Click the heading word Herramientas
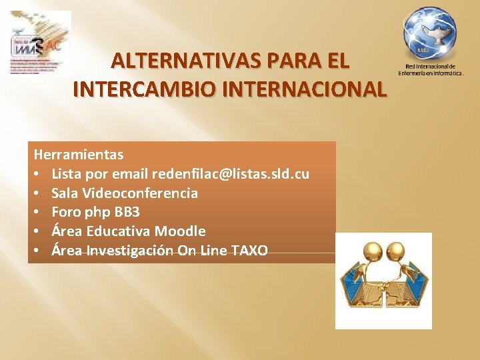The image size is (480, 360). click(79, 155)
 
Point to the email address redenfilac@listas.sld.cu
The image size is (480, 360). click(231, 174)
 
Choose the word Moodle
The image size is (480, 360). click(180, 231)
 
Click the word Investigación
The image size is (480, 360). click(131, 251)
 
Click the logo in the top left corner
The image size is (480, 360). click(40, 42)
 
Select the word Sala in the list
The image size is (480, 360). click(65, 193)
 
